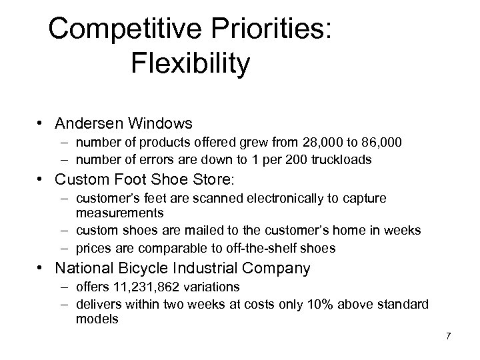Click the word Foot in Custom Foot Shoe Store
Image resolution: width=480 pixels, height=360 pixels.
pos(149,179)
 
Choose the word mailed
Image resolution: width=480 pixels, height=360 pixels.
pos(195,231)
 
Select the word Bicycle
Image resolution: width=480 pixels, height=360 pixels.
pos(157,269)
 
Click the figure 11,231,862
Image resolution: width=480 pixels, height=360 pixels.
pos(142,287)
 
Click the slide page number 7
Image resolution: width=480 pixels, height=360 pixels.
pos(448,336)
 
